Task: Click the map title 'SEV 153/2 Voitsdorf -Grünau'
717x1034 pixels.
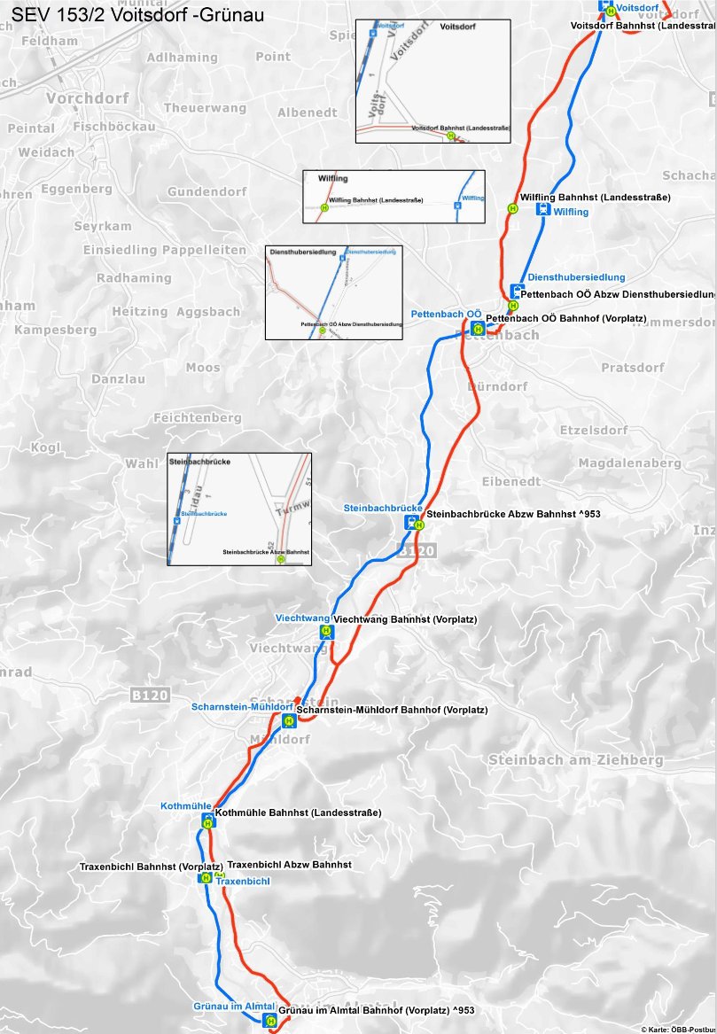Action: (137, 15)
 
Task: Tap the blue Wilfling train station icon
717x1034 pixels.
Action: (542, 210)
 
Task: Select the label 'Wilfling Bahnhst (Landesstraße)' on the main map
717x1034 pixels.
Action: (595, 197)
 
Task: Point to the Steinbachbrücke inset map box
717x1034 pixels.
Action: (238, 509)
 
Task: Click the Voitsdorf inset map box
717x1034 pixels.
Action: (433, 81)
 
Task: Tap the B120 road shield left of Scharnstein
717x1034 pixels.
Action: (149, 696)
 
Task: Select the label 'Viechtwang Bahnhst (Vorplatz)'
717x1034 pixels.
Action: (405, 619)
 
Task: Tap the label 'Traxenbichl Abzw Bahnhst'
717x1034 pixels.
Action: (289, 864)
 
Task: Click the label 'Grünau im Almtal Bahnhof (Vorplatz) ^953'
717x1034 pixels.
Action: (376, 1010)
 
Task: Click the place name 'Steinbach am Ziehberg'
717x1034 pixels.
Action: (575, 760)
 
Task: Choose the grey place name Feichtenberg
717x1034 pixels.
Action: (198, 416)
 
